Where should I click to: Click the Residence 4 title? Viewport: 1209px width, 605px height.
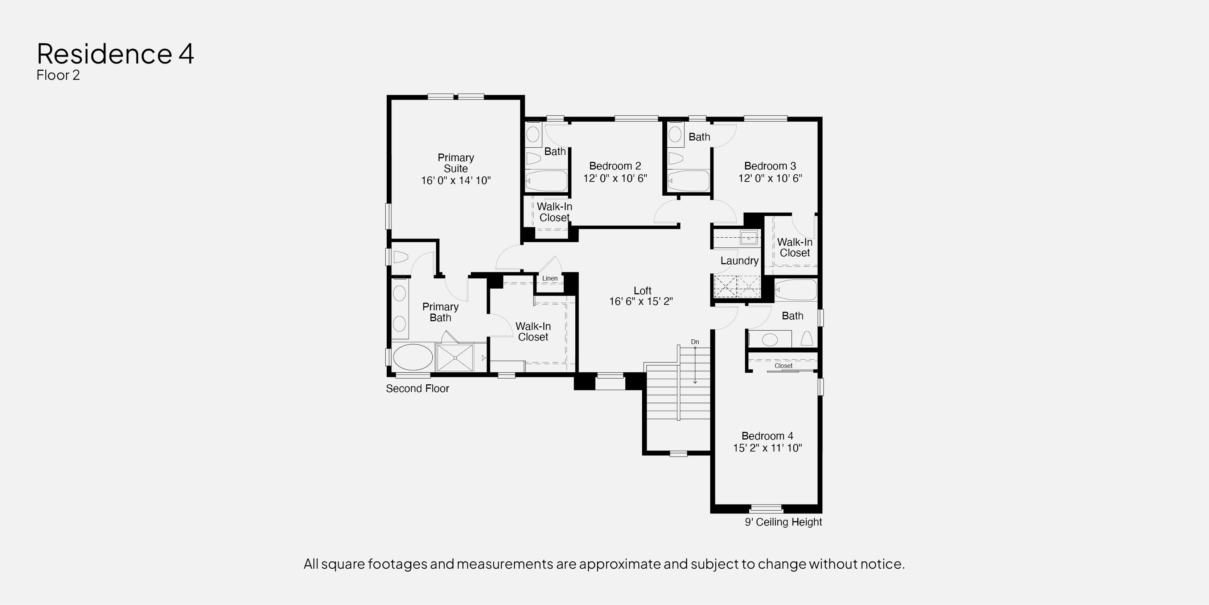point(115,54)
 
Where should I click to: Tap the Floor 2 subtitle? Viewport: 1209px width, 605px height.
point(58,75)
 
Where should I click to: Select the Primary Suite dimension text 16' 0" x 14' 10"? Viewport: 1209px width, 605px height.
point(456,180)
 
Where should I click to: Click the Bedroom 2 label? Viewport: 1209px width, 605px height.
point(615,166)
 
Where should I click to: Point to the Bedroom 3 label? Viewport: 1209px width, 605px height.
point(770,166)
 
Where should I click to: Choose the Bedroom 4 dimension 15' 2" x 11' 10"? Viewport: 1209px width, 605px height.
point(767,448)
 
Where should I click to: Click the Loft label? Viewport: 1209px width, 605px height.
point(642,291)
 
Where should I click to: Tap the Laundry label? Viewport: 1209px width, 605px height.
point(739,261)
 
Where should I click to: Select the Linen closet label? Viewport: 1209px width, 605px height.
point(550,278)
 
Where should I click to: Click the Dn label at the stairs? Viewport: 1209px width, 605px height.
point(695,342)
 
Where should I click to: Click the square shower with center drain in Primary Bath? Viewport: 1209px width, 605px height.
point(455,358)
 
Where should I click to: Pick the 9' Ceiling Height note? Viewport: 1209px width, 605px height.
point(783,522)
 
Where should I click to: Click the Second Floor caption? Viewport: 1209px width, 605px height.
point(417,388)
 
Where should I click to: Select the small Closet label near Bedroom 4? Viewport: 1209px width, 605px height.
point(783,365)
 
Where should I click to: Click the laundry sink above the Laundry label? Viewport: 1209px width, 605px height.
point(749,238)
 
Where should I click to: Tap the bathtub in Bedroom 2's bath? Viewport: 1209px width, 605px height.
point(546,181)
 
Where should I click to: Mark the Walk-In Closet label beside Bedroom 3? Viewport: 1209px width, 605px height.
point(795,248)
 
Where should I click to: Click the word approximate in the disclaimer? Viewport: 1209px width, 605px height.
point(608,564)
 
